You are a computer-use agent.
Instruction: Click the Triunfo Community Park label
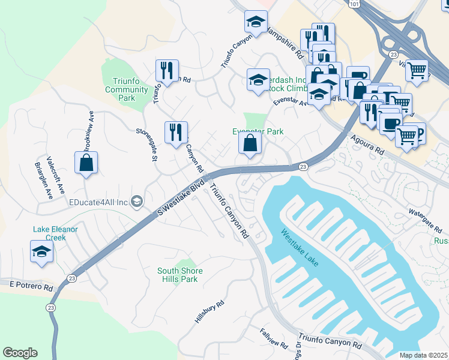tap(126, 89)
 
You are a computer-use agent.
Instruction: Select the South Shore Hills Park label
tap(180, 275)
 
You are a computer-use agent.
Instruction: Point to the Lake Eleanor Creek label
tap(58, 233)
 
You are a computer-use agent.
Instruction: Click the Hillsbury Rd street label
tap(209, 312)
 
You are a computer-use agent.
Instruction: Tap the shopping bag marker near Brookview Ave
tap(86, 163)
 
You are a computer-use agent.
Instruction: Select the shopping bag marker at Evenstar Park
tap(250, 144)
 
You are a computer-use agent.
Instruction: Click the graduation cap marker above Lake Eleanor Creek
tap(41, 252)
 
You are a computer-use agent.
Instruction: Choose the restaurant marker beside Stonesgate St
tap(176, 132)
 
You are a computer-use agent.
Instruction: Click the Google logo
tap(20, 353)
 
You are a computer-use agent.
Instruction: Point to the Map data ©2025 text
tap(423, 355)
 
